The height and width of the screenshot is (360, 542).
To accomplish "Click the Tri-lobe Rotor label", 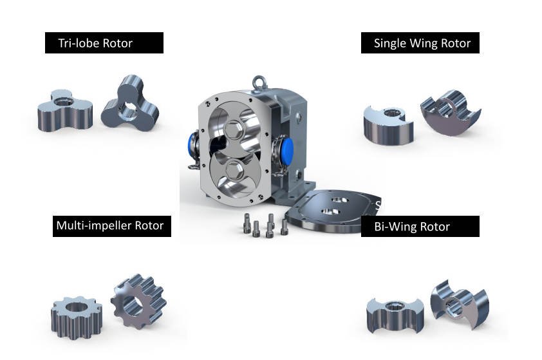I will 104,43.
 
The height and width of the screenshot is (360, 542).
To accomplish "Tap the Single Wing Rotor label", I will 420,43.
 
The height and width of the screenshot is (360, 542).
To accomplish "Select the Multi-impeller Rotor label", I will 111,225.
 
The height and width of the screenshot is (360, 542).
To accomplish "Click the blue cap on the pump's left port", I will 192,142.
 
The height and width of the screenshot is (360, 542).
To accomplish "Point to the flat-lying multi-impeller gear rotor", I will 75,314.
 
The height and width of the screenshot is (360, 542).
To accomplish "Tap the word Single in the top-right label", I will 389,43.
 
